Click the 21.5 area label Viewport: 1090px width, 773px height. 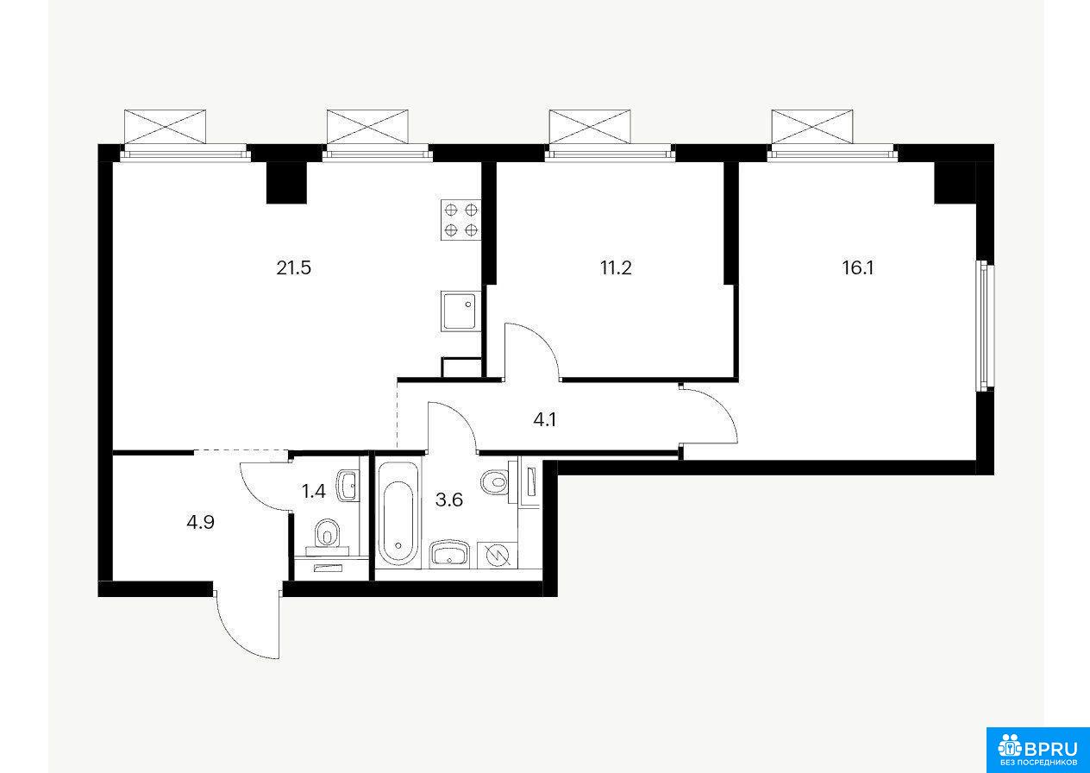tap(293, 267)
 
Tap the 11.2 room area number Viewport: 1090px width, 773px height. tap(616, 267)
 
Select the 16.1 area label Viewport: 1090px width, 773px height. tap(858, 267)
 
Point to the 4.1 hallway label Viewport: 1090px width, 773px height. tap(544, 419)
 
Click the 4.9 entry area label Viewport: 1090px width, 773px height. tap(200, 523)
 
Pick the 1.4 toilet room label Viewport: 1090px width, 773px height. tap(313, 492)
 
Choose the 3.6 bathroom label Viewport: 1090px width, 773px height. tap(448, 500)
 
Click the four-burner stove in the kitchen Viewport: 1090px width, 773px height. tap(460, 219)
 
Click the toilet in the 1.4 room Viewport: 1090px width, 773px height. tap(327, 537)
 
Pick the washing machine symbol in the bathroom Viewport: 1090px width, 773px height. tap(498, 555)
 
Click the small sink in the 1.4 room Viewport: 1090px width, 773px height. tap(348, 485)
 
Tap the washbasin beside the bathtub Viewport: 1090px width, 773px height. tap(449, 554)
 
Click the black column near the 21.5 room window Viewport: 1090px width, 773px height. tap(286, 182)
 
